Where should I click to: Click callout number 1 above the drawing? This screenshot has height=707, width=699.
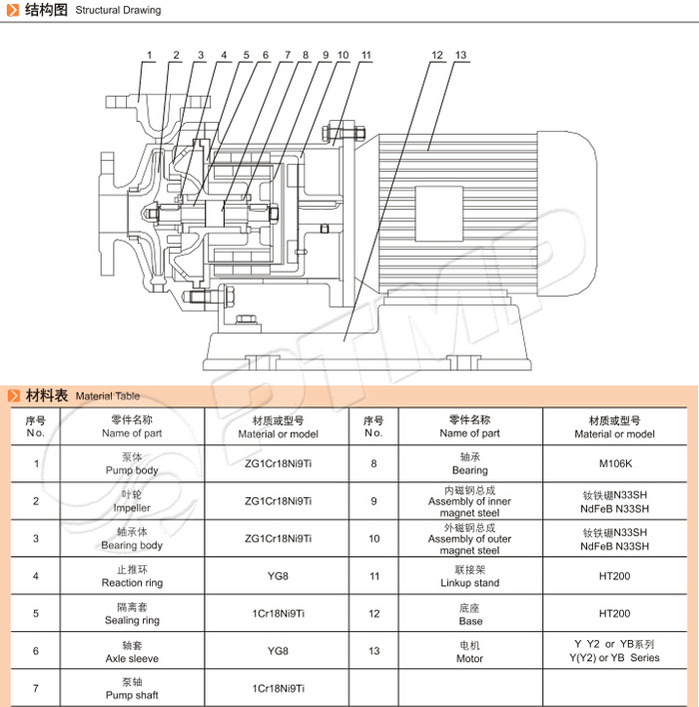149,55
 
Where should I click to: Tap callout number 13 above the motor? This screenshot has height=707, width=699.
460,55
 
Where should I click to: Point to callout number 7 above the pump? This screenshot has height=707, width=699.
288,55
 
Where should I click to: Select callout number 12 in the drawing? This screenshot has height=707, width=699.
436,55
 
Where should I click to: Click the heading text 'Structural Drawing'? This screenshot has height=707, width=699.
118,10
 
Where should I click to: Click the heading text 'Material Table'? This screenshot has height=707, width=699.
108,395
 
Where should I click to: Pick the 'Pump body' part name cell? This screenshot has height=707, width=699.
132,463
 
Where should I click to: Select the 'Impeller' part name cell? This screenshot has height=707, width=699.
132,501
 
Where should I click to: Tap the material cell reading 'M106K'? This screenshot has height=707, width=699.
615,463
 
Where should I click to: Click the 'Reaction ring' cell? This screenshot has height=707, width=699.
132,576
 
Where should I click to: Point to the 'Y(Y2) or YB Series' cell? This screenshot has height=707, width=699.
615,651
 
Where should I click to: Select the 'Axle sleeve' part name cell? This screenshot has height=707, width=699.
132,652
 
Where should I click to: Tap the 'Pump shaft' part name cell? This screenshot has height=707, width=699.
132,688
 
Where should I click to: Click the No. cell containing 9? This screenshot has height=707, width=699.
373,501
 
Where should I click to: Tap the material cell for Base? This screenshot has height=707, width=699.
615,614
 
